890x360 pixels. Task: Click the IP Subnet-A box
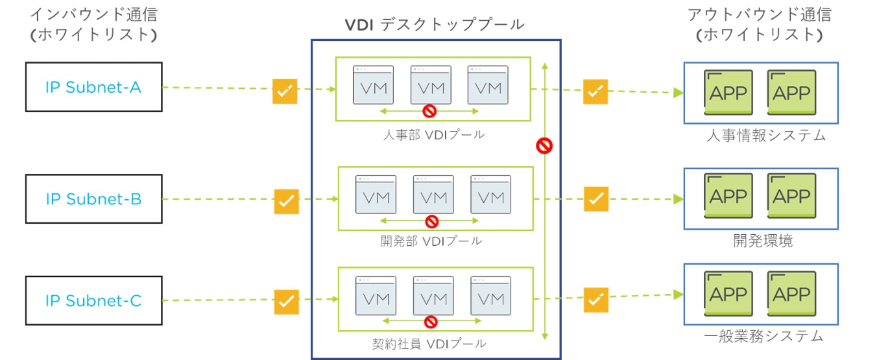point(94,87)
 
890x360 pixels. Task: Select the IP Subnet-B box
point(94,199)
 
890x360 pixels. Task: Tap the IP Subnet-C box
point(94,301)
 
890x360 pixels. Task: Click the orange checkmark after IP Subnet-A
point(285,92)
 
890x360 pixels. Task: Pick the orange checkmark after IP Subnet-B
point(286,201)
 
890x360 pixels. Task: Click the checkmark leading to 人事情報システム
point(595,92)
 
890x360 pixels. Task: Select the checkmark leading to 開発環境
point(596,199)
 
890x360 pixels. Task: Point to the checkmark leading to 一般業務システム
point(596,300)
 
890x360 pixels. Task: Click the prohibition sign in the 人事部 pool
point(429,111)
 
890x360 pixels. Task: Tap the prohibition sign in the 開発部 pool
point(432,221)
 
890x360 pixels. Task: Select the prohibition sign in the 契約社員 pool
point(431,322)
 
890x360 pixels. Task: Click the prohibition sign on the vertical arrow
point(544,146)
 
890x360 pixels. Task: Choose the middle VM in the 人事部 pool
point(431,85)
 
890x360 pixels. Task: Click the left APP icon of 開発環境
point(728,196)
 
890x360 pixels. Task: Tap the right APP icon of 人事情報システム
point(791,92)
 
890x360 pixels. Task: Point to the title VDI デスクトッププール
point(434,24)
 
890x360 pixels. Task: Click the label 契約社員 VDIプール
point(429,344)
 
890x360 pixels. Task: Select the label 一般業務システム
point(763,336)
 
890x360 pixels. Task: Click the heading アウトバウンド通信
point(759,14)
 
